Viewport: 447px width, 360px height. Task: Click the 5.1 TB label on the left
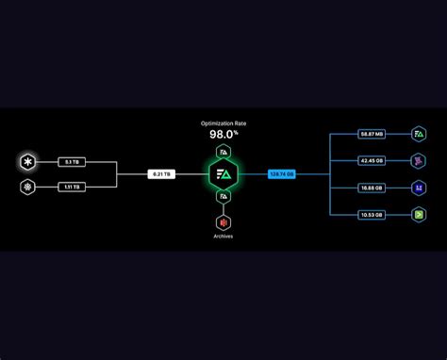pos(72,162)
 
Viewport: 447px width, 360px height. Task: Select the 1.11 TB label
pos(72,187)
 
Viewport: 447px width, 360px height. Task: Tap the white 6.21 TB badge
pos(161,174)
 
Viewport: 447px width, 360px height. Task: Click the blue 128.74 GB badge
pos(282,174)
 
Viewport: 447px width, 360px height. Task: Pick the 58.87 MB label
pos(372,134)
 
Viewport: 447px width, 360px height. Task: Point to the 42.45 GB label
pos(372,160)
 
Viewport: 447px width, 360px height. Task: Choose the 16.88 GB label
pos(372,188)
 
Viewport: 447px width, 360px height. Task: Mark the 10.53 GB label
pos(372,214)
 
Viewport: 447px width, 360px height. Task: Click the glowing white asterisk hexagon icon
pos(28,162)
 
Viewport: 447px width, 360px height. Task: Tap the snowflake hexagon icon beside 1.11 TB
pos(28,187)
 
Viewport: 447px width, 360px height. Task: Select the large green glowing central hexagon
pos(223,174)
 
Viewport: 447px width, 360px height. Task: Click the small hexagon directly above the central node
pos(223,150)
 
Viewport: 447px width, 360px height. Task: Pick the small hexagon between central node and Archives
pos(223,198)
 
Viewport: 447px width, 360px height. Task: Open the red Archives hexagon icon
pos(223,222)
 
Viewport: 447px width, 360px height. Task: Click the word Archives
pos(223,237)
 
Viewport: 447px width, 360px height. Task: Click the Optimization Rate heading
pos(223,123)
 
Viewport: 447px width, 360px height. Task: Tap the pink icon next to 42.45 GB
pos(419,160)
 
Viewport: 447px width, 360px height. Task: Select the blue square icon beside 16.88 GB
pos(419,188)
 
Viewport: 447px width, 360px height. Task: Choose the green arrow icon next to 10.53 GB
pos(419,214)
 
